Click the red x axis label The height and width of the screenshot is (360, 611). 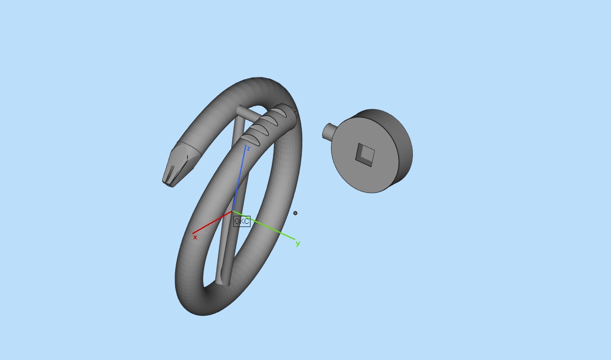click(195, 237)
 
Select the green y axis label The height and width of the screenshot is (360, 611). click(297, 244)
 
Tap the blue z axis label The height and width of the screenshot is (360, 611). click(248, 148)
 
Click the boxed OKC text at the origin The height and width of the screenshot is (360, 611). click(242, 221)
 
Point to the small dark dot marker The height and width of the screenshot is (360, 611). click(295, 213)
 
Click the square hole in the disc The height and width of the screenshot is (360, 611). click(365, 154)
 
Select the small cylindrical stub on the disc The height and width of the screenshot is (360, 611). click(328, 131)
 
